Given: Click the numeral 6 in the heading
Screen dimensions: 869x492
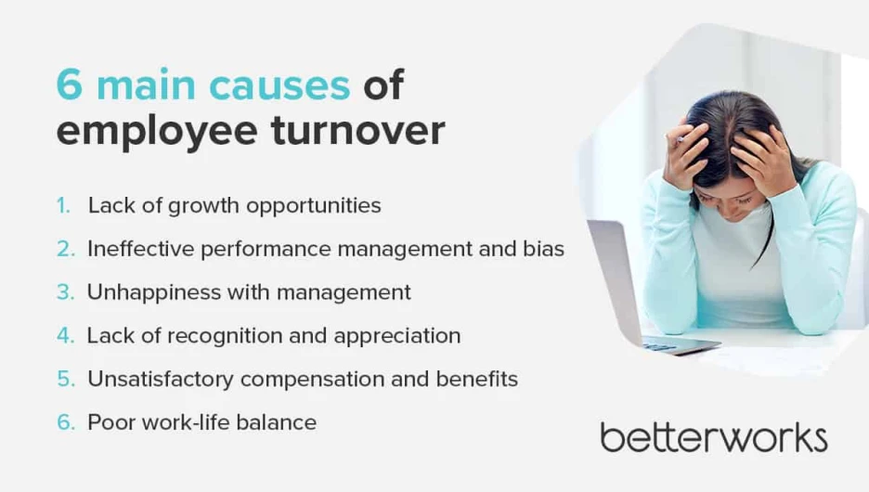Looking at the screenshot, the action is tap(70, 84).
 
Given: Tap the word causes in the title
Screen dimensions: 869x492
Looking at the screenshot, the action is tap(279, 85).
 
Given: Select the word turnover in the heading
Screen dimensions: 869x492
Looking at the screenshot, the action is tap(358, 131).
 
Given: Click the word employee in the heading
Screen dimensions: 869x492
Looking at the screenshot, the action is tap(157, 133).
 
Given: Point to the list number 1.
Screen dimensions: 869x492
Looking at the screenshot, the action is tap(63, 205).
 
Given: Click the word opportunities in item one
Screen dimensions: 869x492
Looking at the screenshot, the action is tap(314, 206).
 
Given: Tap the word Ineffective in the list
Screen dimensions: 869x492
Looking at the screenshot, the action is tap(141, 249).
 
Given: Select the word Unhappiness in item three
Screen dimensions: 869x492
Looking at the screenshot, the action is tap(154, 293).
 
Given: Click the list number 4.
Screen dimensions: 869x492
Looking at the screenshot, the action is tap(65, 336).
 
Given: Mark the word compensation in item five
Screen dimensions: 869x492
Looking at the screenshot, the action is tap(312, 380).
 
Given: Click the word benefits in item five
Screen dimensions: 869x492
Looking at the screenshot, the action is tap(476, 379).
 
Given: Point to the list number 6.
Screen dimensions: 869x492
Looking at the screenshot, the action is tap(65, 422).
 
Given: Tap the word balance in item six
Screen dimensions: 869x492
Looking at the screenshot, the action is tap(276, 422).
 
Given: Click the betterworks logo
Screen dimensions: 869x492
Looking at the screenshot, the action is tap(714, 438).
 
